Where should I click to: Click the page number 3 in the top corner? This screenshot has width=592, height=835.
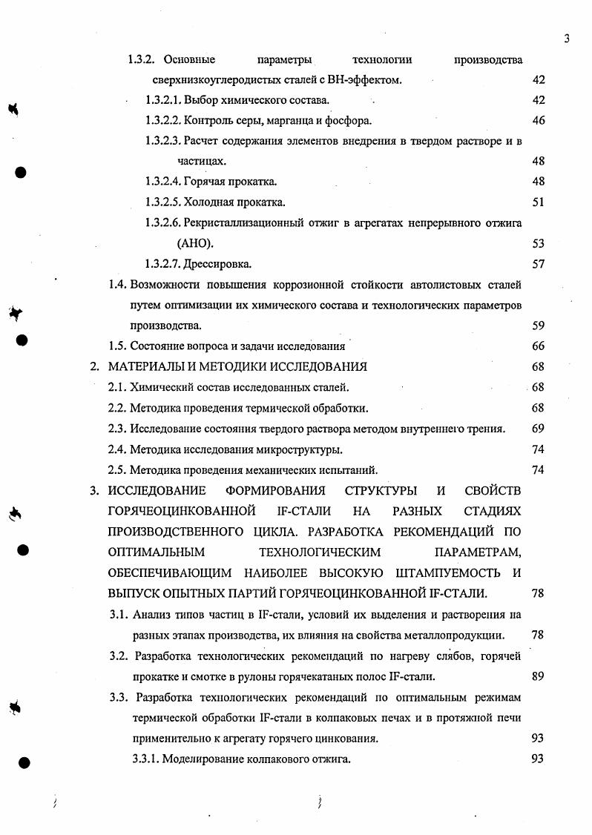566,39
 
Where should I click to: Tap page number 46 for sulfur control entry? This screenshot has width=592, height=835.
539,120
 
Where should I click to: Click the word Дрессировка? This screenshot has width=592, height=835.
217,263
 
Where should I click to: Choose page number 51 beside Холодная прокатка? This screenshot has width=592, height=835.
539,202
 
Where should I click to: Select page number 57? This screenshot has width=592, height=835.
539,263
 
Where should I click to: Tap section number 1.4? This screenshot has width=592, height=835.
119,284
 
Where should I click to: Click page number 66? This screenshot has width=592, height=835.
539,346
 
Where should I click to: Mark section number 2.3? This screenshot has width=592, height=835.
117,428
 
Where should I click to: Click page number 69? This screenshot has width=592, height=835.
539,428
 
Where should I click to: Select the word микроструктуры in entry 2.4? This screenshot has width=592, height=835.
306,449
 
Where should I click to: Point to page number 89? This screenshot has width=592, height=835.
539,676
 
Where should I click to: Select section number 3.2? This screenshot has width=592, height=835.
118,656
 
